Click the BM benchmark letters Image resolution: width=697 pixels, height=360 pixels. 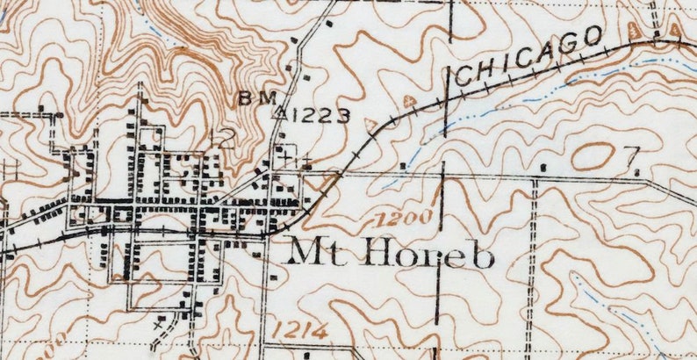click(257, 97)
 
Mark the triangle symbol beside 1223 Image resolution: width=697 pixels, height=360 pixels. click(282, 113)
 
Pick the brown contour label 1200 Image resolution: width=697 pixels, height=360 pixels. click(406, 216)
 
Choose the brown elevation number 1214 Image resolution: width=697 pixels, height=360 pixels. click(299, 331)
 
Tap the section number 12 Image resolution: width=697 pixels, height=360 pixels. click(224, 136)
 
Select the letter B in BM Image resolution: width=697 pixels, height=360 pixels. click(247, 97)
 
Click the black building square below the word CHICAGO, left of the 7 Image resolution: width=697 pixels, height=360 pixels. click(544, 165)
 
